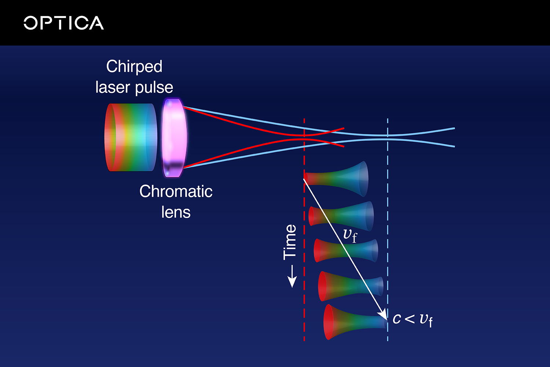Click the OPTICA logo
64,23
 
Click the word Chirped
134,66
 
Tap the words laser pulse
134,87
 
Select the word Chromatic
176,191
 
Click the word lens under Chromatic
176,212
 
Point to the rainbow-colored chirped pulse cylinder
130,137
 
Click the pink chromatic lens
174,138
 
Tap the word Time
290,242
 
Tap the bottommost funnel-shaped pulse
352,322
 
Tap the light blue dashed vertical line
388,220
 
